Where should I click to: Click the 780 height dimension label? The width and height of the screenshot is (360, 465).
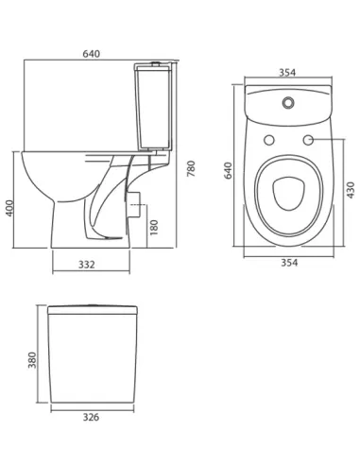[191, 169]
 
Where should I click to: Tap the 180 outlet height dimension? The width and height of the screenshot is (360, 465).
[153, 228]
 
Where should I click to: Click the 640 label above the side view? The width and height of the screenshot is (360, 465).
[92, 55]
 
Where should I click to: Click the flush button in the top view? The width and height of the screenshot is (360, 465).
[287, 97]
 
